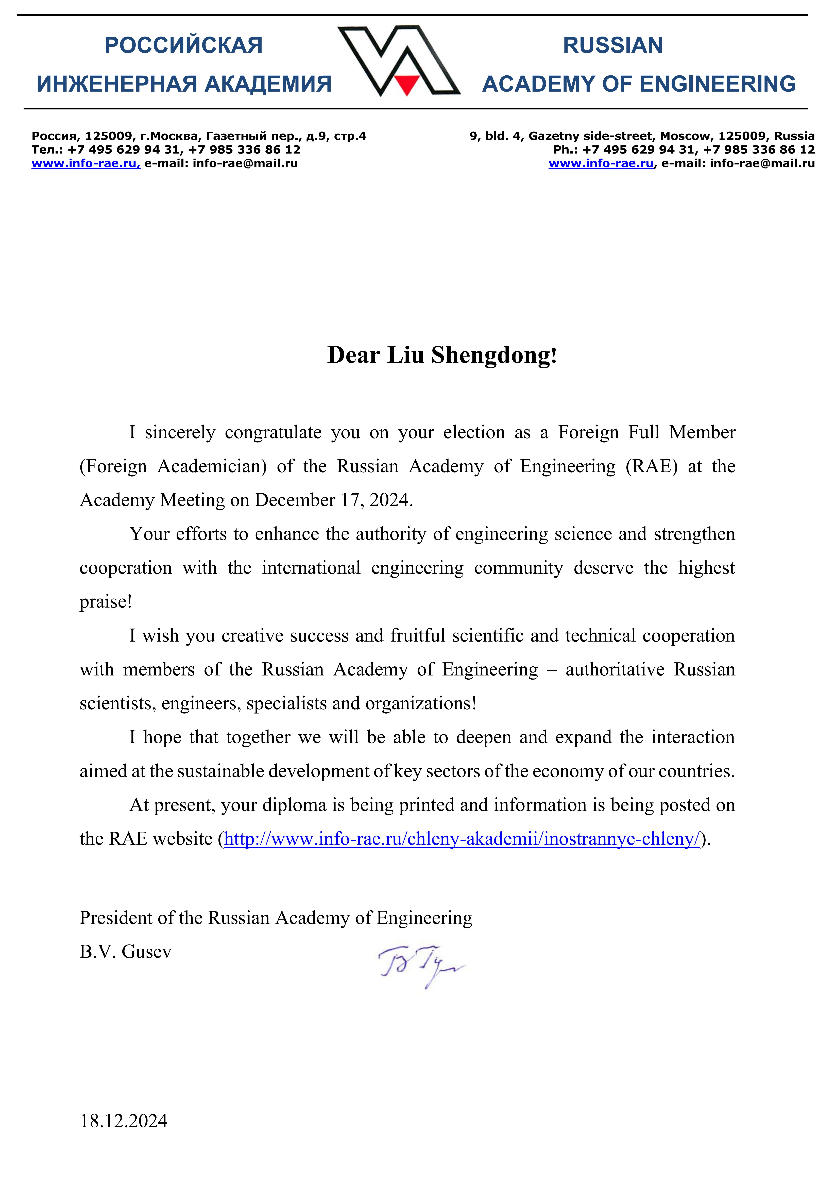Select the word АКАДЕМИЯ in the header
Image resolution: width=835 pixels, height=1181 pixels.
tap(268, 84)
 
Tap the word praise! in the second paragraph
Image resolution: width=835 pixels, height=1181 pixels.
tap(106, 602)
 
